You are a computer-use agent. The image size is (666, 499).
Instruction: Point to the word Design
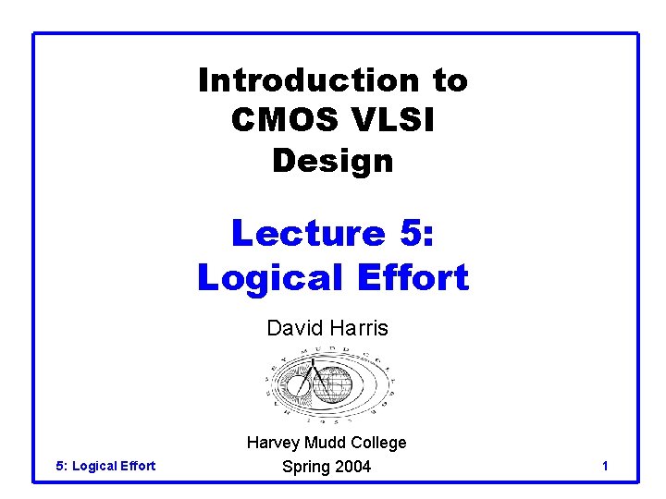pyautogui.click(x=333, y=161)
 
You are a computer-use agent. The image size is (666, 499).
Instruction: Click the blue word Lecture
pyautogui.click(x=307, y=232)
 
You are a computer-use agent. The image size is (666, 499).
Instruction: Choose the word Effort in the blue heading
pyautogui.click(x=409, y=276)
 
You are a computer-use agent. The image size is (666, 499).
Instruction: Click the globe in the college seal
pyautogui.click(x=332, y=385)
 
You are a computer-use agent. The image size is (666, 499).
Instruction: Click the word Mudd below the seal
pyautogui.click(x=324, y=443)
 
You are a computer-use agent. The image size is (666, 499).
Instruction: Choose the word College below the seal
pyautogui.click(x=377, y=443)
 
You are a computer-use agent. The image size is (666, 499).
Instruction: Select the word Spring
pyautogui.click(x=305, y=467)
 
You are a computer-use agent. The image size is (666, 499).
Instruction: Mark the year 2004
pyautogui.click(x=352, y=467)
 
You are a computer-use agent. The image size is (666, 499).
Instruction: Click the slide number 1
pyautogui.click(x=604, y=467)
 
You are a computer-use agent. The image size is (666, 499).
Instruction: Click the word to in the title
pyautogui.click(x=450, y=80)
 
